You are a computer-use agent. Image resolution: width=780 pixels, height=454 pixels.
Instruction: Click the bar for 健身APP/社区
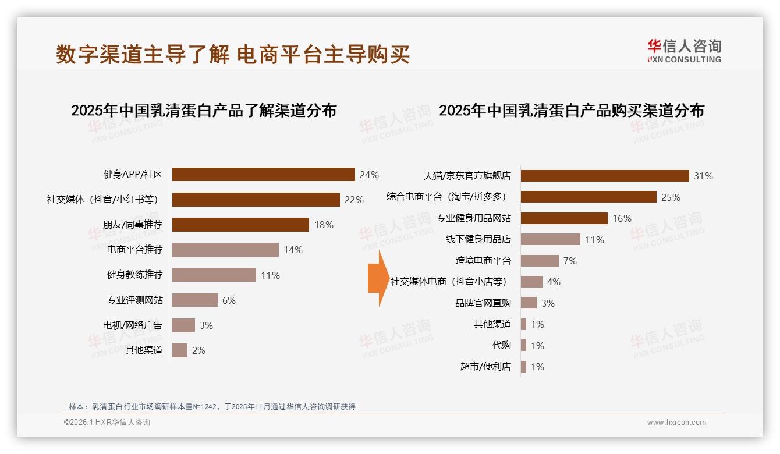[263, 175]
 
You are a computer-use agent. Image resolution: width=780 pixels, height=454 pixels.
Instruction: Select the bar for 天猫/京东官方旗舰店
[605, 176]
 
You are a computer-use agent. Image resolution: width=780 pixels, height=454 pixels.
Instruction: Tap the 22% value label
[354, 200]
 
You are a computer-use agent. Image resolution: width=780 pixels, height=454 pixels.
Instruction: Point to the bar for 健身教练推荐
[214, 275]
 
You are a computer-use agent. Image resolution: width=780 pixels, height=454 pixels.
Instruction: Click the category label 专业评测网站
[134, 300]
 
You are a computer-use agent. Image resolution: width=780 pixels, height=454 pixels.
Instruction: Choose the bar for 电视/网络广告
[183, 325]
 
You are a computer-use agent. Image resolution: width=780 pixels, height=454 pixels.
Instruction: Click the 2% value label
[198, 350]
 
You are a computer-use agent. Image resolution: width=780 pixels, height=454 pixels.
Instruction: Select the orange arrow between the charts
[378, 278]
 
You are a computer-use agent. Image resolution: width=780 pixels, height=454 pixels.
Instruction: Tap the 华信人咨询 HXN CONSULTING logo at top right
[684, 51]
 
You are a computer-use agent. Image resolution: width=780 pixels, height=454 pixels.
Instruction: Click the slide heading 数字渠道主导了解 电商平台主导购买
[233, 54]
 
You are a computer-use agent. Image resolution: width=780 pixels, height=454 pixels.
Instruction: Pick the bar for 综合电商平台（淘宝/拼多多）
[588, 197]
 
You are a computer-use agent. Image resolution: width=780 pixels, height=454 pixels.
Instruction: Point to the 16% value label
[622, 218]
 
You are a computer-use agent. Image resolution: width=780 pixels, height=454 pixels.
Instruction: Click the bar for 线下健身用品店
[550, 239]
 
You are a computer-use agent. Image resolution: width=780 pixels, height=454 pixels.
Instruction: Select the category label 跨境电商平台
[483, 261]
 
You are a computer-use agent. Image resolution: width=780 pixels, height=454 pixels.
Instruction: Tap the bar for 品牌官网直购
[529, 303]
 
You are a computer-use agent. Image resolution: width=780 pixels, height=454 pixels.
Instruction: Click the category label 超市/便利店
[485, 367]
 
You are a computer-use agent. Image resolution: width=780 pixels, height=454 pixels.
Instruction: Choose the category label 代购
[501, 345]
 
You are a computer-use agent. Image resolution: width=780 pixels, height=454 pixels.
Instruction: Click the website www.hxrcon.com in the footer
[676, 423]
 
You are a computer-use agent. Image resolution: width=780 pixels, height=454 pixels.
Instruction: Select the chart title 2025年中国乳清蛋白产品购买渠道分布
[571, 111]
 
